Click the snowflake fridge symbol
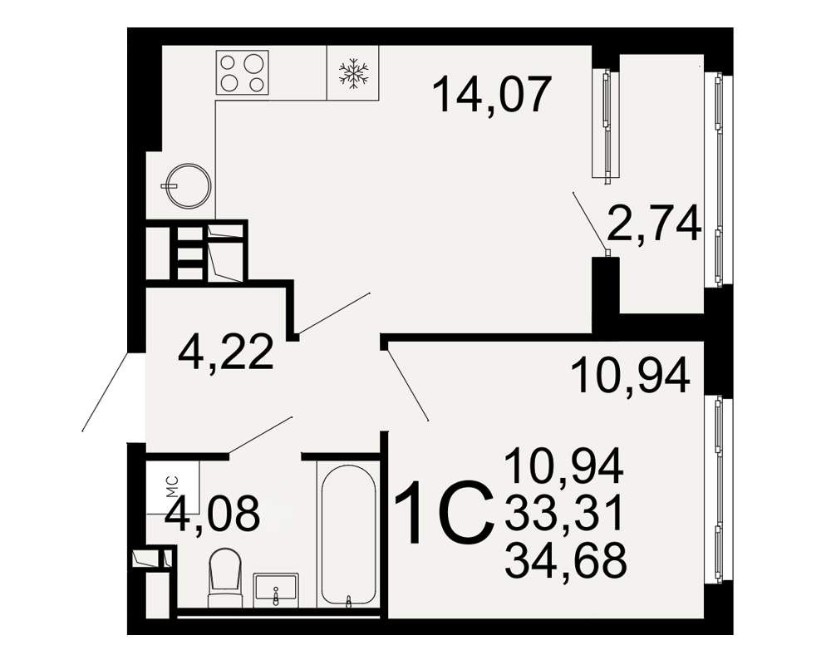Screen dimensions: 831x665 tap(353, 72)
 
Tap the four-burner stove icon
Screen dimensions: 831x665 tap(242, 72)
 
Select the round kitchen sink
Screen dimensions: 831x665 tap(188, 185)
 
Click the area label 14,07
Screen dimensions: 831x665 tap(492, 95)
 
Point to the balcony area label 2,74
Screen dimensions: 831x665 tap(655, 224)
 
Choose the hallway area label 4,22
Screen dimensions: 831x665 tap(226, 352)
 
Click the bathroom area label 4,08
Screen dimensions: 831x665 tap(212, 513)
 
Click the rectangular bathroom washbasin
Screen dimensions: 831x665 tap(276, 589)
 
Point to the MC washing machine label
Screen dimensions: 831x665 tap(173, 487)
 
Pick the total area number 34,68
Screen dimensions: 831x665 tap(565, 560)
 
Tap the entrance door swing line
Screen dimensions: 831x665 tap(106, 392)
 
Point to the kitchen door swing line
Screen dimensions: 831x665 tap(334, 313)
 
